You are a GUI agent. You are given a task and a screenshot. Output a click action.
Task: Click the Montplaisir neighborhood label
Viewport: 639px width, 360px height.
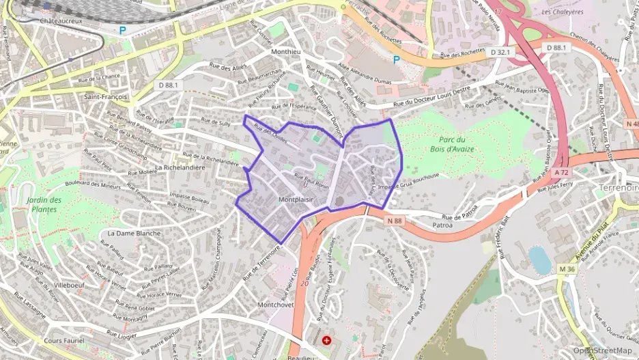pyautogui.click(x=296, y=199)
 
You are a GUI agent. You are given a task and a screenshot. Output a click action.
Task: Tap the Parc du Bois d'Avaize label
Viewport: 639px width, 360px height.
pyautogui.click(x=453, y=145)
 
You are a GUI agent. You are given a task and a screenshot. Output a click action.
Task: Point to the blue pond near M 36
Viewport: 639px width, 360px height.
pyautogui.click(x=539, y=260)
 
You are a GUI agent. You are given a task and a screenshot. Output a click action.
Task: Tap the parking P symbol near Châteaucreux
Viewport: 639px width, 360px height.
pyautogui.click(x=123, y=30)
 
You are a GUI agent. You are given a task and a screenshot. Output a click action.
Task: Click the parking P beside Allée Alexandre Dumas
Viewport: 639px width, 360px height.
pyautogui.click(x=396, y=59)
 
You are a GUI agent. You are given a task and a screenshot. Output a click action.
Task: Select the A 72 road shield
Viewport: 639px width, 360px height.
pyautogui.click(x=561, y=173)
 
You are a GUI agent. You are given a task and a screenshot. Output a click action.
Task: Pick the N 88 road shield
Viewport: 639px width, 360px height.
pyautogui.click(x=395, y=221)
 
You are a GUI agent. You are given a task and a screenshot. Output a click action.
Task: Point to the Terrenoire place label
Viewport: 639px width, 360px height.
pyautogui.click(x=617, y=187)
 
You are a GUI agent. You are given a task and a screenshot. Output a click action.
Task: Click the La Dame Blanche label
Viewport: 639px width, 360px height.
pyautogui.click(x=134, y=233)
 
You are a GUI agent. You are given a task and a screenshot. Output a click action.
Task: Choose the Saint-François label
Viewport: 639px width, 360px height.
pyautogui.click(x=105, y=97)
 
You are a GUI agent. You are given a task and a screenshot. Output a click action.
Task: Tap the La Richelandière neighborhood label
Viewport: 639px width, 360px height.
pyautogui.click(x=181, y=167)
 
